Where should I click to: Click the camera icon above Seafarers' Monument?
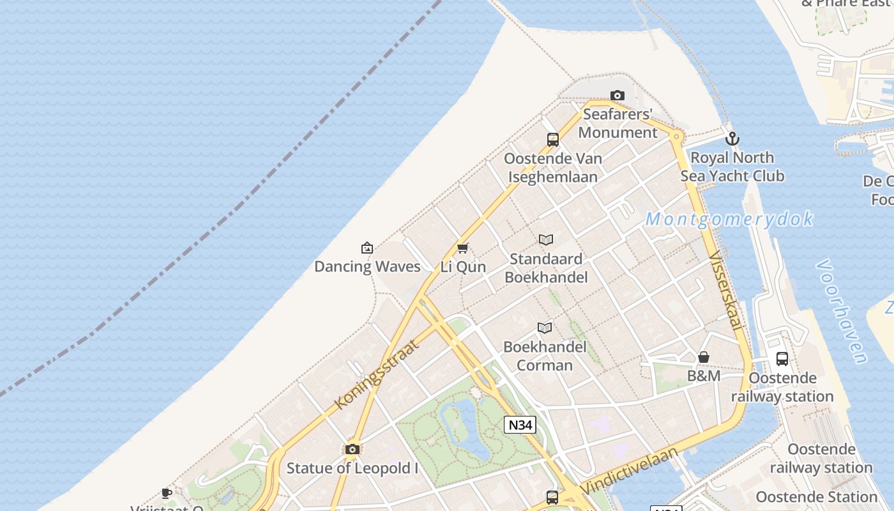[x=617, y=96]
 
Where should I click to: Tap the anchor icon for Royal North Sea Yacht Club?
[x=732, y=139]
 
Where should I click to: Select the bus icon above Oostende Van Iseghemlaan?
[x=553, y=140]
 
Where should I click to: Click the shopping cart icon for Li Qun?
[x=463, y=248]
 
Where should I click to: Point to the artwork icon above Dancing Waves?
[x=367, y=248]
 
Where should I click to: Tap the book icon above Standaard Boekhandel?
[x=546, y=240]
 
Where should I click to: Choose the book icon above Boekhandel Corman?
[x=545, y=328]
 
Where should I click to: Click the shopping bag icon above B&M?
[x=704, y=357]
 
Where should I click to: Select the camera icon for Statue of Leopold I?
[x=352, y=450]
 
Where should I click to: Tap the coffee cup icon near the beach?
[x=167, y=493]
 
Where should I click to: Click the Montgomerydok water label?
[x=729, y=219]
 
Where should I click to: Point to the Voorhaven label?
[x=843, y=311]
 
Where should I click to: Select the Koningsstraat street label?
[x=377, y=374]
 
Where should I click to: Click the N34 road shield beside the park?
[x=520, y=425]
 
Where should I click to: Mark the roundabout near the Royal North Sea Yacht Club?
[x=677, y=136]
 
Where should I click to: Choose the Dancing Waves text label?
[x=367, y=266]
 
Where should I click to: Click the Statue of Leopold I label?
[x=352, y=468]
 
